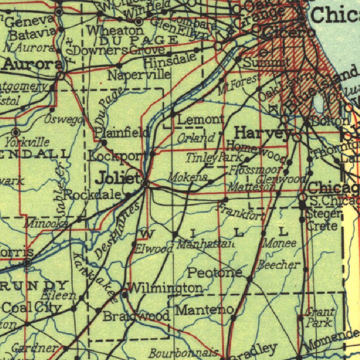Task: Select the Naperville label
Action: [139, 75]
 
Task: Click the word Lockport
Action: [121, 156]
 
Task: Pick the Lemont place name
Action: [201, 120]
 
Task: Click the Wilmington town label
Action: [165, 287]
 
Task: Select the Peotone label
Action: [216, 272]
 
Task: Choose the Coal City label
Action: [31, 308]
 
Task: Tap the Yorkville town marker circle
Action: [16, 133]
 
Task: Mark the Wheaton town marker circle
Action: [138, 22]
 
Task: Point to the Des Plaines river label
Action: [116, 230]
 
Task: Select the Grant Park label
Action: [320, 317]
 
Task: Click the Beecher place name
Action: [279, 265]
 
